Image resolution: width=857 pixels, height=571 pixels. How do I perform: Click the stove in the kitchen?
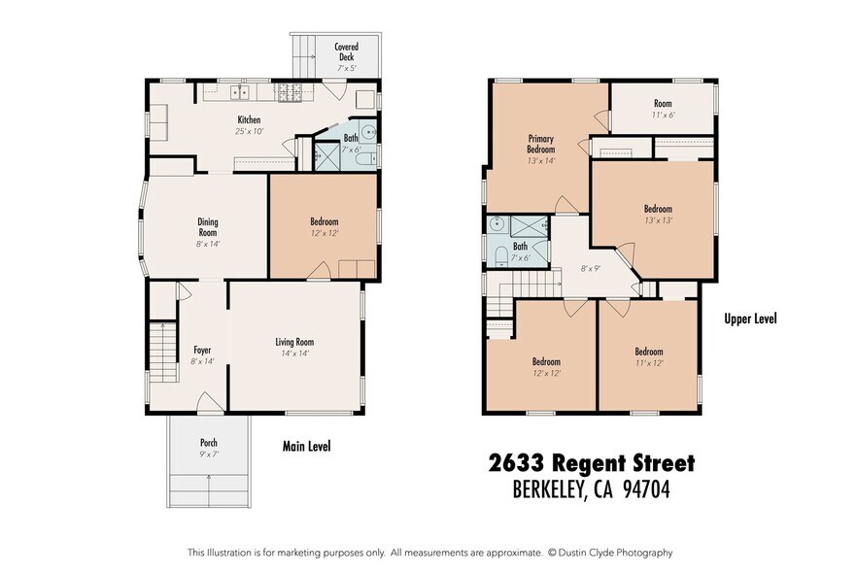pos(291,93)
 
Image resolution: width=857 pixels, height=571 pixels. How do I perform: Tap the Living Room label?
pos(293,347)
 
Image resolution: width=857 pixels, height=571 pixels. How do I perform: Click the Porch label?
pos(208,448)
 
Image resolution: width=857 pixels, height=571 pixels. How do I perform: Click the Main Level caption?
pos(306,447)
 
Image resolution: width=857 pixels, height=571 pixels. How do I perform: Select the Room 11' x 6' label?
pos(663,109)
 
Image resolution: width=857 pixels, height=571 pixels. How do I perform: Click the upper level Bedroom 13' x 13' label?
pos(657,214)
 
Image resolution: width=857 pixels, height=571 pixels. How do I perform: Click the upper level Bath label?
pos(520,252)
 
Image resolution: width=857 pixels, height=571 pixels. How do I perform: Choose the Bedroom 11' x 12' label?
pos(648,357)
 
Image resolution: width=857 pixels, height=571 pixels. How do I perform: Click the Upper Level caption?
pos(750,319)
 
